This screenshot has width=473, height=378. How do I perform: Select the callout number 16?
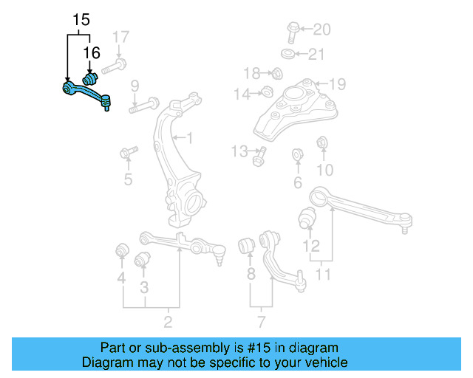coord(91,53)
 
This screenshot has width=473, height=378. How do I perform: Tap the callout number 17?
coord(120,36)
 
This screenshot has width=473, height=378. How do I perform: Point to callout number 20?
coord(321,30)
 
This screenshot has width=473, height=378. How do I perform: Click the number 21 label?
coord(316,54)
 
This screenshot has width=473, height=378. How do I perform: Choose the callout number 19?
coord(337,83)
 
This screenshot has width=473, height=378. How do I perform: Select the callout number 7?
coord(261,321)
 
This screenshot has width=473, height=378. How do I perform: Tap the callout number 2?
coord(168,321)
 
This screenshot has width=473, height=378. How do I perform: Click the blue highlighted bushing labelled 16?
coord(91,78)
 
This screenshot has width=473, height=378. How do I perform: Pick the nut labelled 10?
coord(321,142)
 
